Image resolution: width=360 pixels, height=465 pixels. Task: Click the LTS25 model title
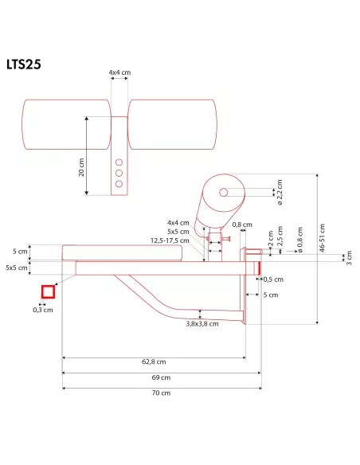point(23,64)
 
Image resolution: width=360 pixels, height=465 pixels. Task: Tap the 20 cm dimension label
point(81,167)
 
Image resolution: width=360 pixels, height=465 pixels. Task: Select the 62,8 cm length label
point(154,361)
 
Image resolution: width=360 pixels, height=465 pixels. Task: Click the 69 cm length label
point(161,377)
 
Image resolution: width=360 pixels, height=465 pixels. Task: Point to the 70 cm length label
point(161,393)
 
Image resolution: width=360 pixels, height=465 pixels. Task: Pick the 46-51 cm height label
point(323,238)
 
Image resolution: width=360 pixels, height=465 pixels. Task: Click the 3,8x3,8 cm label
point(202,324)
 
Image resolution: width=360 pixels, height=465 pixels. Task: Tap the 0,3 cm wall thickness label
point(43,310)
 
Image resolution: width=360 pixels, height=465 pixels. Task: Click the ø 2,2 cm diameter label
point(280,192)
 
